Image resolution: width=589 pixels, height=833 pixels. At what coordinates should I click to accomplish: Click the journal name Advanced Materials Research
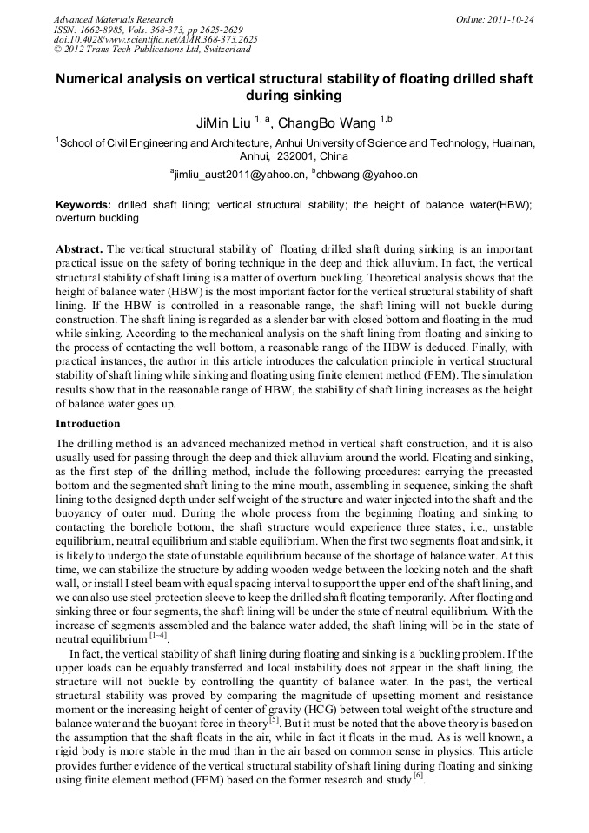click(x=113, y=19)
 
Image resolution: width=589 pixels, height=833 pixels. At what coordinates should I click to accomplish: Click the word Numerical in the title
click(x=93, y=79)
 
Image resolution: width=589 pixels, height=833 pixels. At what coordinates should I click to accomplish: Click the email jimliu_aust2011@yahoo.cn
click(x=241, y=175)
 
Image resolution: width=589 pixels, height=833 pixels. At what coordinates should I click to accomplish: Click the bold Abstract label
click(x=80, y=248)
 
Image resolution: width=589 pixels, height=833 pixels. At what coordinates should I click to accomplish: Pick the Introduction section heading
click(x=88, y=424)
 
